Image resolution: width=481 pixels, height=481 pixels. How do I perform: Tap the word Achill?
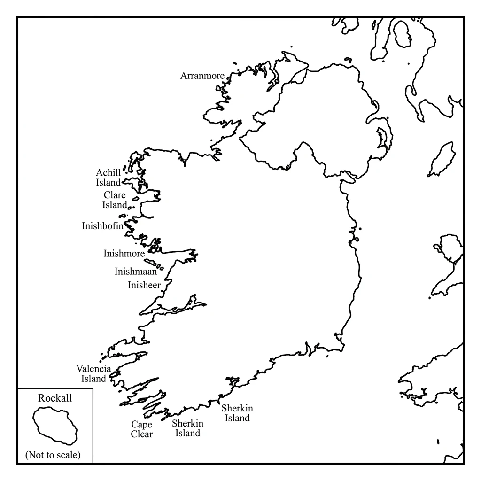[109, 173]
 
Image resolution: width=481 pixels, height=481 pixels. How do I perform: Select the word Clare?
[115, 195]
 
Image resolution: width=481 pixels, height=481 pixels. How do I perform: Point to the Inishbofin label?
[102, 226]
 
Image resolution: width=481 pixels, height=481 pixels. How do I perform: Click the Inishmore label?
[124, 254]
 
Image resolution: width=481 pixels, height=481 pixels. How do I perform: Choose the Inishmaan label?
[136, 271]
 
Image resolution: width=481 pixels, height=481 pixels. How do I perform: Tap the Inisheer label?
[144, 285]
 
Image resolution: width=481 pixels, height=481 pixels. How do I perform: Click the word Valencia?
[93, 368]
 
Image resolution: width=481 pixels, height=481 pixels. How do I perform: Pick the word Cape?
[141, 424]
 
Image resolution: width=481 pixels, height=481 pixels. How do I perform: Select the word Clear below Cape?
[141, 434]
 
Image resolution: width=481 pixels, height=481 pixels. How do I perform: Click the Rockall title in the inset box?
[55, 398]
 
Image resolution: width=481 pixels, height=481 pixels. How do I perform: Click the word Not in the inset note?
[37, 455]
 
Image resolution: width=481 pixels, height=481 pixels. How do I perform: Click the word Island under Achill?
[109, 183]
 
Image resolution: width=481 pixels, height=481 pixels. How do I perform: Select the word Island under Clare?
[115, 205]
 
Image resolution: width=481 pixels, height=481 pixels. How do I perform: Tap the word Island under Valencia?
[93, 378]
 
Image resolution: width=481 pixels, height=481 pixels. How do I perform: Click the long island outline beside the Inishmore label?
[150, 262]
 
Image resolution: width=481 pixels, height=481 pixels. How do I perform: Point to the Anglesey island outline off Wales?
[446, 246]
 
